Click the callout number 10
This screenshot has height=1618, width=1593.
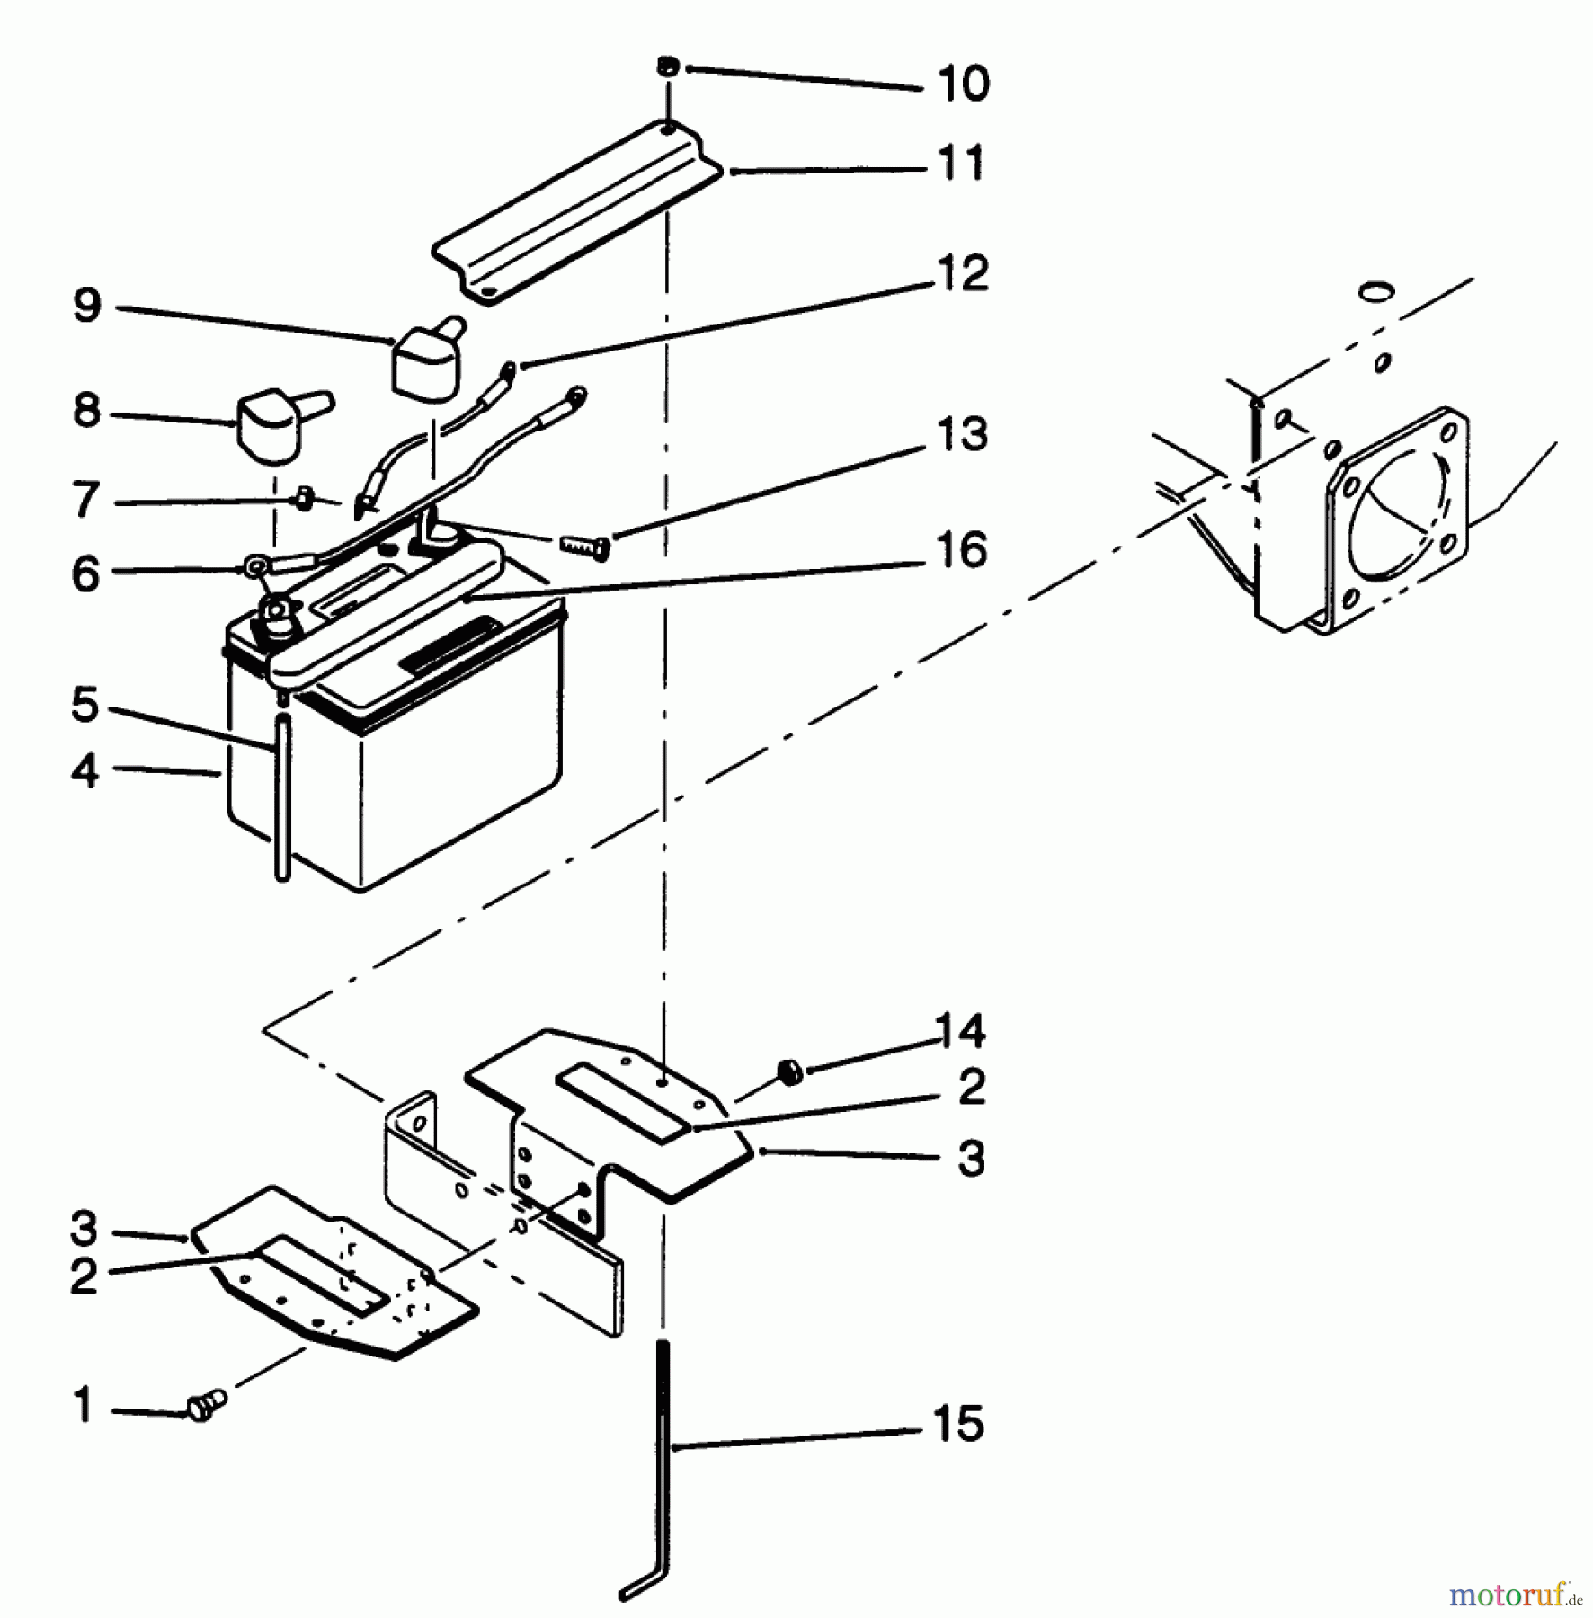(x=962, y=84)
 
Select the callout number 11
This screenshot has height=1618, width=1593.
(x=960, y=164)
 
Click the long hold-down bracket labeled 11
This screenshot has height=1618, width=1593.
(x=575, y=216)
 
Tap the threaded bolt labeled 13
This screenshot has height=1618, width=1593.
(x=585, y=545)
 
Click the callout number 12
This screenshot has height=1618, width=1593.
(x=962, y=273)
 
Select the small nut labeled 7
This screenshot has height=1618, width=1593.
(x=304, y=497)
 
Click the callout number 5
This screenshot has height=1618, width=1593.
(x=85, y=705)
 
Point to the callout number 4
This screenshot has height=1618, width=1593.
(x=85, y=771)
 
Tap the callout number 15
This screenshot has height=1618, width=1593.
(x=958, y=1425)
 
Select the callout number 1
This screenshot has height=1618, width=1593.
(x=84, y=1405)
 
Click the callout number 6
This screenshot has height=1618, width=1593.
(x=85, y=573)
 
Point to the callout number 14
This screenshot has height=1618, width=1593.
(x=960, y=1030)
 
